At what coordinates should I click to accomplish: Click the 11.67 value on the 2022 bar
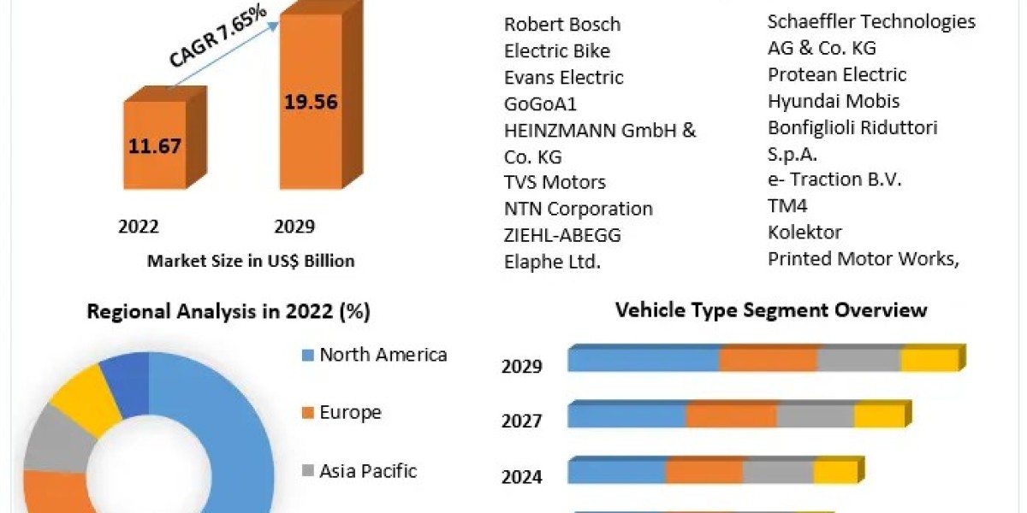tap(155, 145)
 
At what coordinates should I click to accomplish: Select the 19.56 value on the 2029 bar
tap(310, 103)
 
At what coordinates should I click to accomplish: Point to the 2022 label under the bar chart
tap(139, 227)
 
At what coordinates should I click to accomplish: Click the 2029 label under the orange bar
tap(294, 227)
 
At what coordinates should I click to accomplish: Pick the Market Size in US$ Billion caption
tap(251, 261)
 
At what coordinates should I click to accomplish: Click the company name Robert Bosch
tap(562, 24)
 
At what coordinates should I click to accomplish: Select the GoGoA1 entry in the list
tap(541, 103)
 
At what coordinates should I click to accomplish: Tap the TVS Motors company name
tap(555, 182)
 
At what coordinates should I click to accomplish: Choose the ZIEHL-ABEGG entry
tap(562, 235)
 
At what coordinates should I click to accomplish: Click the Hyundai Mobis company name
tap(834, 101)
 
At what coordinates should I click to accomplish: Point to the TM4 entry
tap(787, 206)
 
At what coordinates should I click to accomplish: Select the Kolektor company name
tap(804, 233)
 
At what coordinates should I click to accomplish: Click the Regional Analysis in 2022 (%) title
tap(229, 312)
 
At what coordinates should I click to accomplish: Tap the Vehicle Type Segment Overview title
tap(771, 310)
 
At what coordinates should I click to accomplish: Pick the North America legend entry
tap(383, 355)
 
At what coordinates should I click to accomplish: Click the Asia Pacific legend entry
tap(368, 470)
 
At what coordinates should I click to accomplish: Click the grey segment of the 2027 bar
tap(815, 416)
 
